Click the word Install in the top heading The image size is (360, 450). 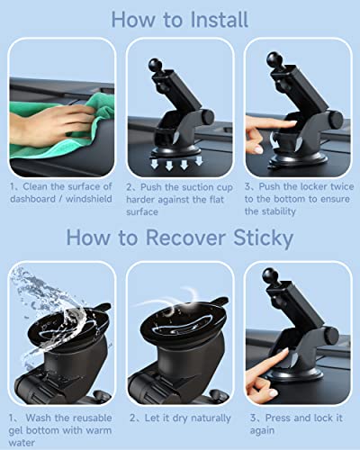[220, 20]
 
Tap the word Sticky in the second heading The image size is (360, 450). [263, 238]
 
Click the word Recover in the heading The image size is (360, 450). [185, 238]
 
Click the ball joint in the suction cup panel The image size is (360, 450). [155, 66]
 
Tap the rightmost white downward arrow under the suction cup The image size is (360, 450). [199, 160]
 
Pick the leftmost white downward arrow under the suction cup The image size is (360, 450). [155, 164]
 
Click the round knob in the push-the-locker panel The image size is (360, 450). [335, 119]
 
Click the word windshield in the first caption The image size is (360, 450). [89, 199]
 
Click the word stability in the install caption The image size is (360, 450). [279, 211]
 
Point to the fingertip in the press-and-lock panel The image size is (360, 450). [284, 352]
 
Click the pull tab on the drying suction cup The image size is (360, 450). [219, 301]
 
